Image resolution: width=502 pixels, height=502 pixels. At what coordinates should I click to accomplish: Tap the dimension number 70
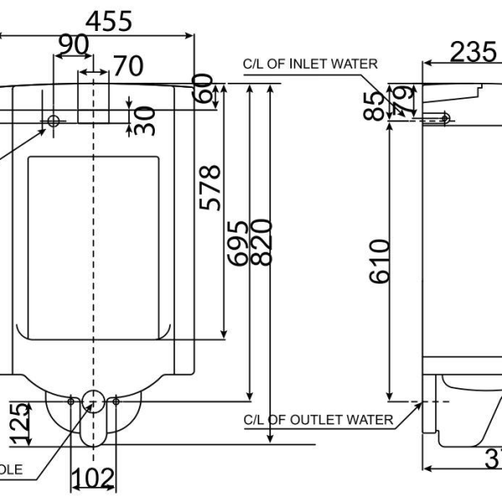pos(127,64)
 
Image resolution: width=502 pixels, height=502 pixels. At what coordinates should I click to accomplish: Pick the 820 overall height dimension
pos(261,243)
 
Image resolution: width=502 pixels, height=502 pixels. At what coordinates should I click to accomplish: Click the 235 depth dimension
pos(474,51)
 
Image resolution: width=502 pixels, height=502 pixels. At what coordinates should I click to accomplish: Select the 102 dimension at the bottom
pos(93,479)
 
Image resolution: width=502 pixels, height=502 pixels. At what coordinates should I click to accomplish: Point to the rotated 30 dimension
pos(144,119)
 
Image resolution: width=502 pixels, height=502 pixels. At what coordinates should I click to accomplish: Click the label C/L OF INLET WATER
pos(310,64)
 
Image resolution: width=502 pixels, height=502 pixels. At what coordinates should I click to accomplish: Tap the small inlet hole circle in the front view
pos(54,120)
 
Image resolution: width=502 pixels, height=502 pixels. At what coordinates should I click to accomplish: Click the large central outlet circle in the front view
pos(93,401)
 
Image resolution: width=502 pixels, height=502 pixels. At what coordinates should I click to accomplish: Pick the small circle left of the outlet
pos(71,402)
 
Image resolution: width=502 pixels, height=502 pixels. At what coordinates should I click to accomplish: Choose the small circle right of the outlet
pos(115,402)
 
